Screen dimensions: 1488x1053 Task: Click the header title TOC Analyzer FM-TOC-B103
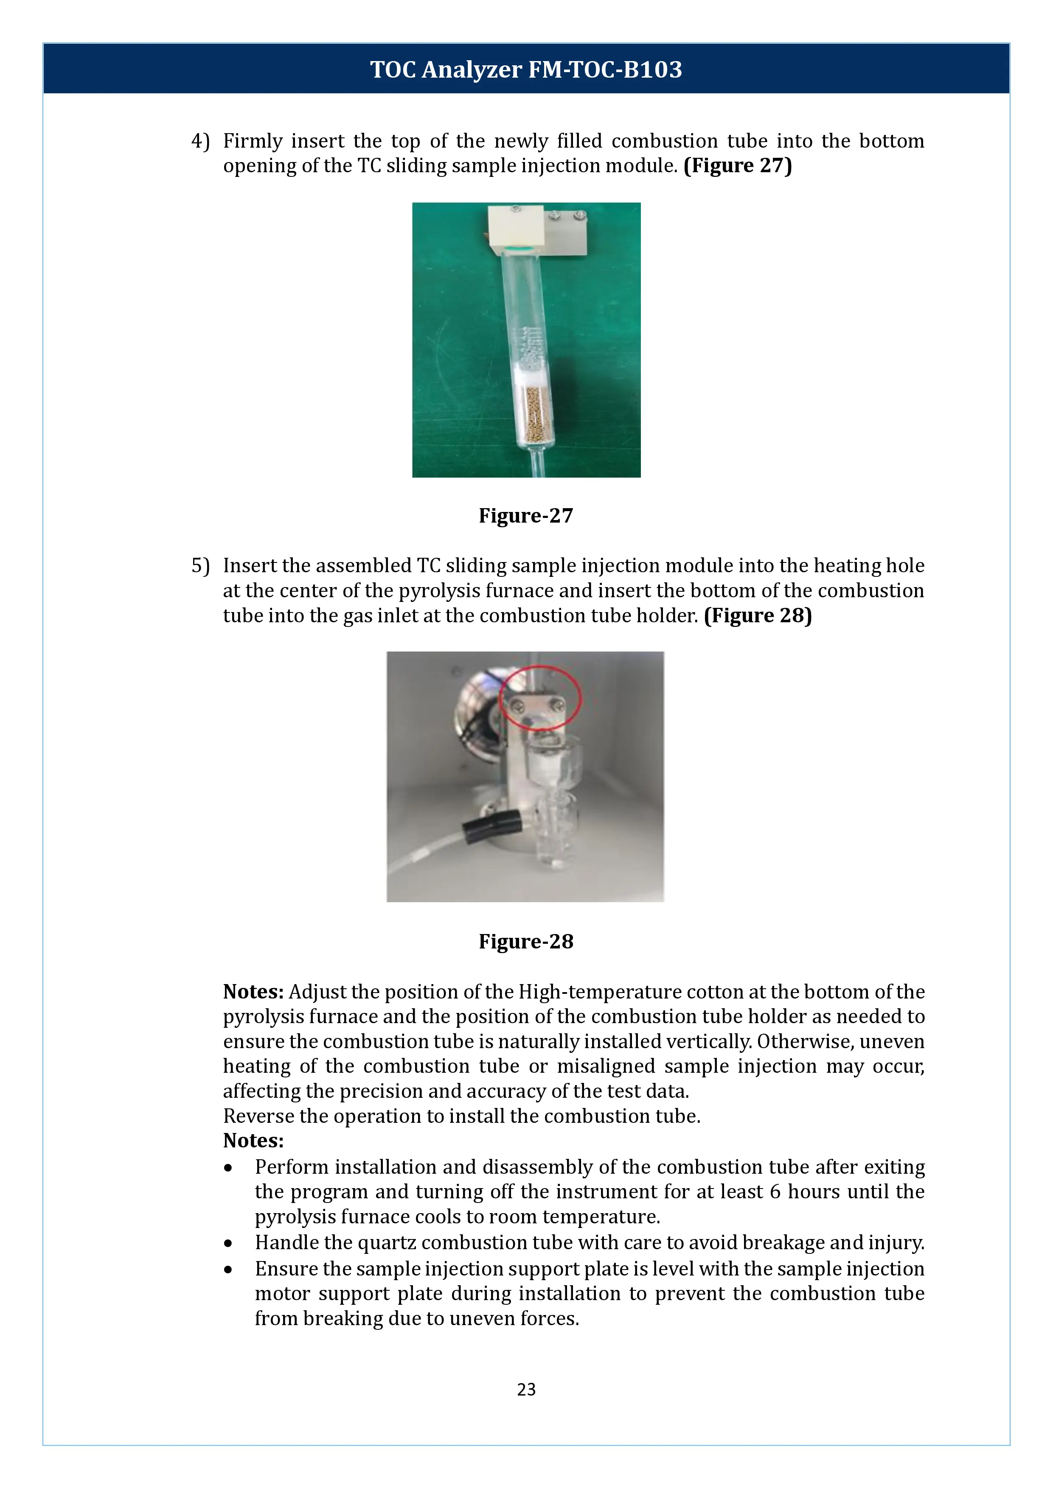[526, 69]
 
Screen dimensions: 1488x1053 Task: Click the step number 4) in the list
[200, 141]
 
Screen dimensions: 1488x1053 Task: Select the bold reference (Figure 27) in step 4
[737, 166]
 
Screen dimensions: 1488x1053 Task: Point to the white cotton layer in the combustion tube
[533, 375]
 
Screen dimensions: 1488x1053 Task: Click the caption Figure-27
[526, 516]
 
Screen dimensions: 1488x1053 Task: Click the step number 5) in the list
[200, 566]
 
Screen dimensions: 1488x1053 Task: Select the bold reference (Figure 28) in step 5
[757, 615]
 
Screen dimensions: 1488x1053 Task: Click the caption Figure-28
[526, 942]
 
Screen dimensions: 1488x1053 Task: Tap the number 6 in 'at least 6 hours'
[775, 1192]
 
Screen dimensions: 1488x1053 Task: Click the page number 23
[526, 1390]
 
